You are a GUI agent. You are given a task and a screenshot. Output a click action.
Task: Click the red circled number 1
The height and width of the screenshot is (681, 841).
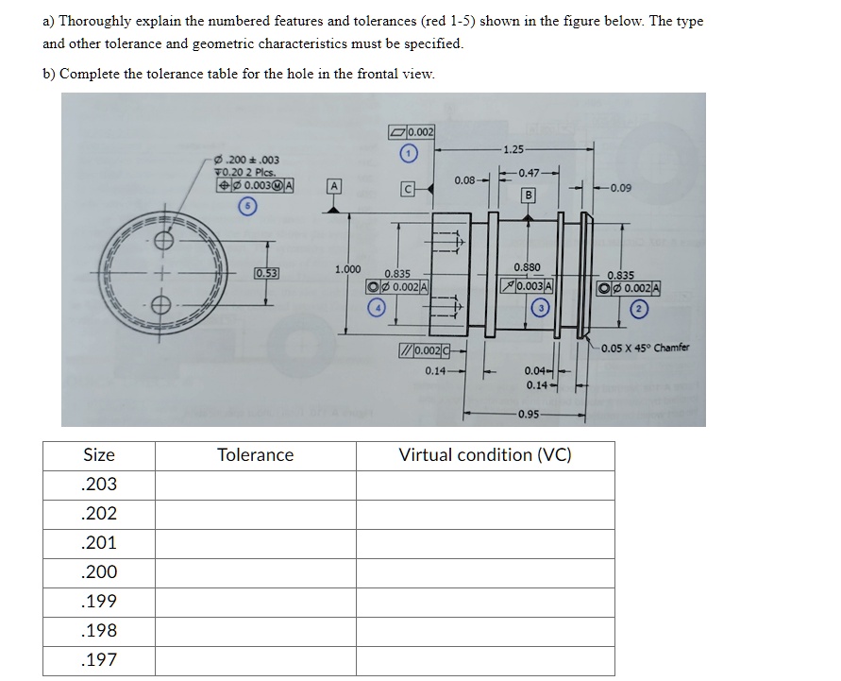click(408, 153)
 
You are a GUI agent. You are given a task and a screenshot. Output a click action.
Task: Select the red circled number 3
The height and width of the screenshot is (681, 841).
click(541, 307)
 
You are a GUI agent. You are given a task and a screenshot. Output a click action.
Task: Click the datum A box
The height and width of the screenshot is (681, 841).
click(335, 185)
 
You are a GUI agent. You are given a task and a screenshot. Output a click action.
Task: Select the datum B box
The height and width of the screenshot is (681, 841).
click(529, 195)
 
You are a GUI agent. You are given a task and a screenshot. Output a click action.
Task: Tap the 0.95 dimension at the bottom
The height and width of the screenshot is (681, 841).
click(528, 415)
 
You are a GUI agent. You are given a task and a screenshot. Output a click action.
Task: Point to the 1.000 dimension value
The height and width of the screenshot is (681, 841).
click(348, 269)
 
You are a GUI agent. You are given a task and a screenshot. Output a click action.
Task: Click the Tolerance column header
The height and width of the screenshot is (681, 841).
click(255, 455)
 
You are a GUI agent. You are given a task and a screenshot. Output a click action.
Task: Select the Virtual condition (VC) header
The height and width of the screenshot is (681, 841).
click(485, 455)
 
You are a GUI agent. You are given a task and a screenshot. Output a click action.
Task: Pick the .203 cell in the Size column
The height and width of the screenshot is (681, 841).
click(99, 485)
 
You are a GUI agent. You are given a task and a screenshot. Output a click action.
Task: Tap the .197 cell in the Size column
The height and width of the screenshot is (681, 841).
click(99, 660)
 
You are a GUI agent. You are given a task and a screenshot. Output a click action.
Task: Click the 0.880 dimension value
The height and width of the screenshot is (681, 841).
click(527, 268)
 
